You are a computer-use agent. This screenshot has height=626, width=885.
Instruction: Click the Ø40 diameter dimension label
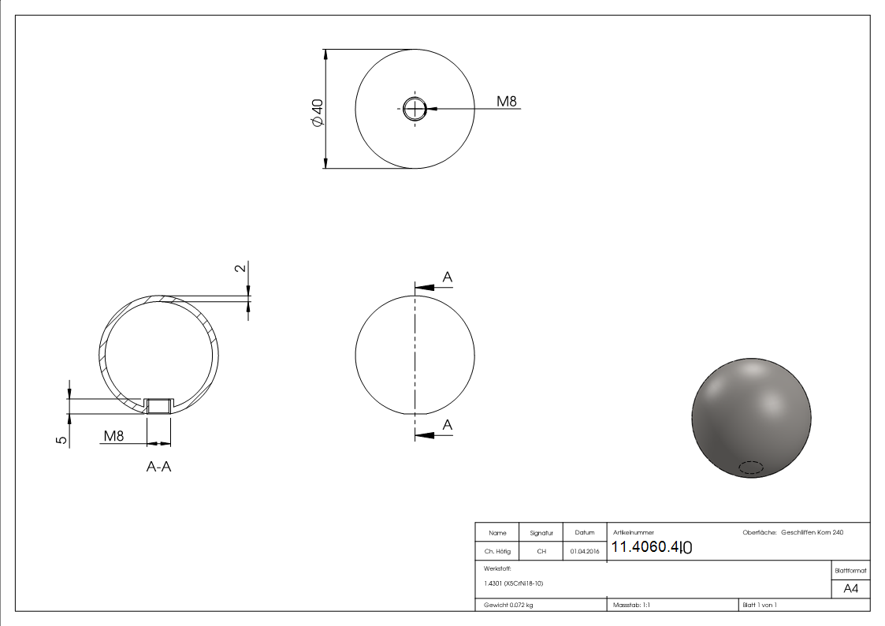pyautogui.click(x=317, y=113)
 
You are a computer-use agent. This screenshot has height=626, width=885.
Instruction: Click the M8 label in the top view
pyautogui.click(x=506, y=101)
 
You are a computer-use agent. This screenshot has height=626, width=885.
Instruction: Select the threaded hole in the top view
pyautogui.click(x=415, y=109)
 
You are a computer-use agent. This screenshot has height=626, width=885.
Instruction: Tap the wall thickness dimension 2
pyautogui.click(x=241, y=268)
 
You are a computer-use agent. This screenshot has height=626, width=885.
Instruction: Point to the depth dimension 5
pyautogui.click(x=61, y=439)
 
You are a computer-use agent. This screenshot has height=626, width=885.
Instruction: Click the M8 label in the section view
pyautogui.click(x=113, y=435)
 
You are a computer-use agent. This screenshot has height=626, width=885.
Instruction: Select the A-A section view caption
pyautogui.click(x=159, y=467)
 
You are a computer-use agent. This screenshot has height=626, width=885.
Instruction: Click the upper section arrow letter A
pyautogui.click(x=448, y=277)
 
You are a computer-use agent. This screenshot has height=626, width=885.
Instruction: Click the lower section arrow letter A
pyautogui.click(x=448, y=425)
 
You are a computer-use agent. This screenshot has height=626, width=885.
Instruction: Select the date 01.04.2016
pyautogui.click(x=585, y=552)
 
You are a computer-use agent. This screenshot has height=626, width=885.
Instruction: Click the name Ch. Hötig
pyautogui.click(x=496, y=552)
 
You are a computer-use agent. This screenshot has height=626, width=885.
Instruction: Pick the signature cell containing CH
pyautogui.click(x=541, y=552)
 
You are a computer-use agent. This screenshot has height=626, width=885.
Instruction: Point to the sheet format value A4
pyautogui.click(x=850, y=589)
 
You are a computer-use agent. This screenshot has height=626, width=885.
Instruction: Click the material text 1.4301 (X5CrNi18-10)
pyautogui.click(x=514, y=583)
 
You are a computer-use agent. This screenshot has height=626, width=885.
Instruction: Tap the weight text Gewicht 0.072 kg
pyautogui.click(x=508, y=605)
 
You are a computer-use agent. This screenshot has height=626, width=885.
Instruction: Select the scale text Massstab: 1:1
pyautogui.click(x=631, y=605)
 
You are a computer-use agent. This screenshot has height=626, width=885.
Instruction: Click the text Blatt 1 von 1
pyautogui.click(x=760, y=605)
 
